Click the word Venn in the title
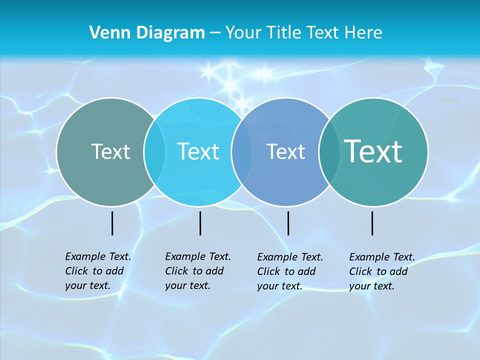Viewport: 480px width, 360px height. click(x=105, y=33)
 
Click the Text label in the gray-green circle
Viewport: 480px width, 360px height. click(x=110, y=151)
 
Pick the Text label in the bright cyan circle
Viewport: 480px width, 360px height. click(x=198, y=151)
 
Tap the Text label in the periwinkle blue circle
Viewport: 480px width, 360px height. click(x=285, y=151)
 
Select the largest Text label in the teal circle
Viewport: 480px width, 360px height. click(x=373, y=151)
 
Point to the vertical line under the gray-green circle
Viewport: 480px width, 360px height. click(x=112, y=223)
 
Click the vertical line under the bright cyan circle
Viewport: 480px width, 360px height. click(x=200, y=223)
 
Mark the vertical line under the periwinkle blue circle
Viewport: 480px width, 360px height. click(x=288, y=223)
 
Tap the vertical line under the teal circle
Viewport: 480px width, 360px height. click(x=372, y=223)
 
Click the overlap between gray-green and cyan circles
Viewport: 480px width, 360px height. click(x=154, y=151)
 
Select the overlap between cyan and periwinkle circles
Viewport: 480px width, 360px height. click(x=242, y=151)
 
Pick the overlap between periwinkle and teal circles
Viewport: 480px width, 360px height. click(x=329, y=151)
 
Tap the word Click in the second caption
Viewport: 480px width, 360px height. click(x=176, y=271)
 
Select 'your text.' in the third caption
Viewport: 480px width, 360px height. click(x=279, y=286)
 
